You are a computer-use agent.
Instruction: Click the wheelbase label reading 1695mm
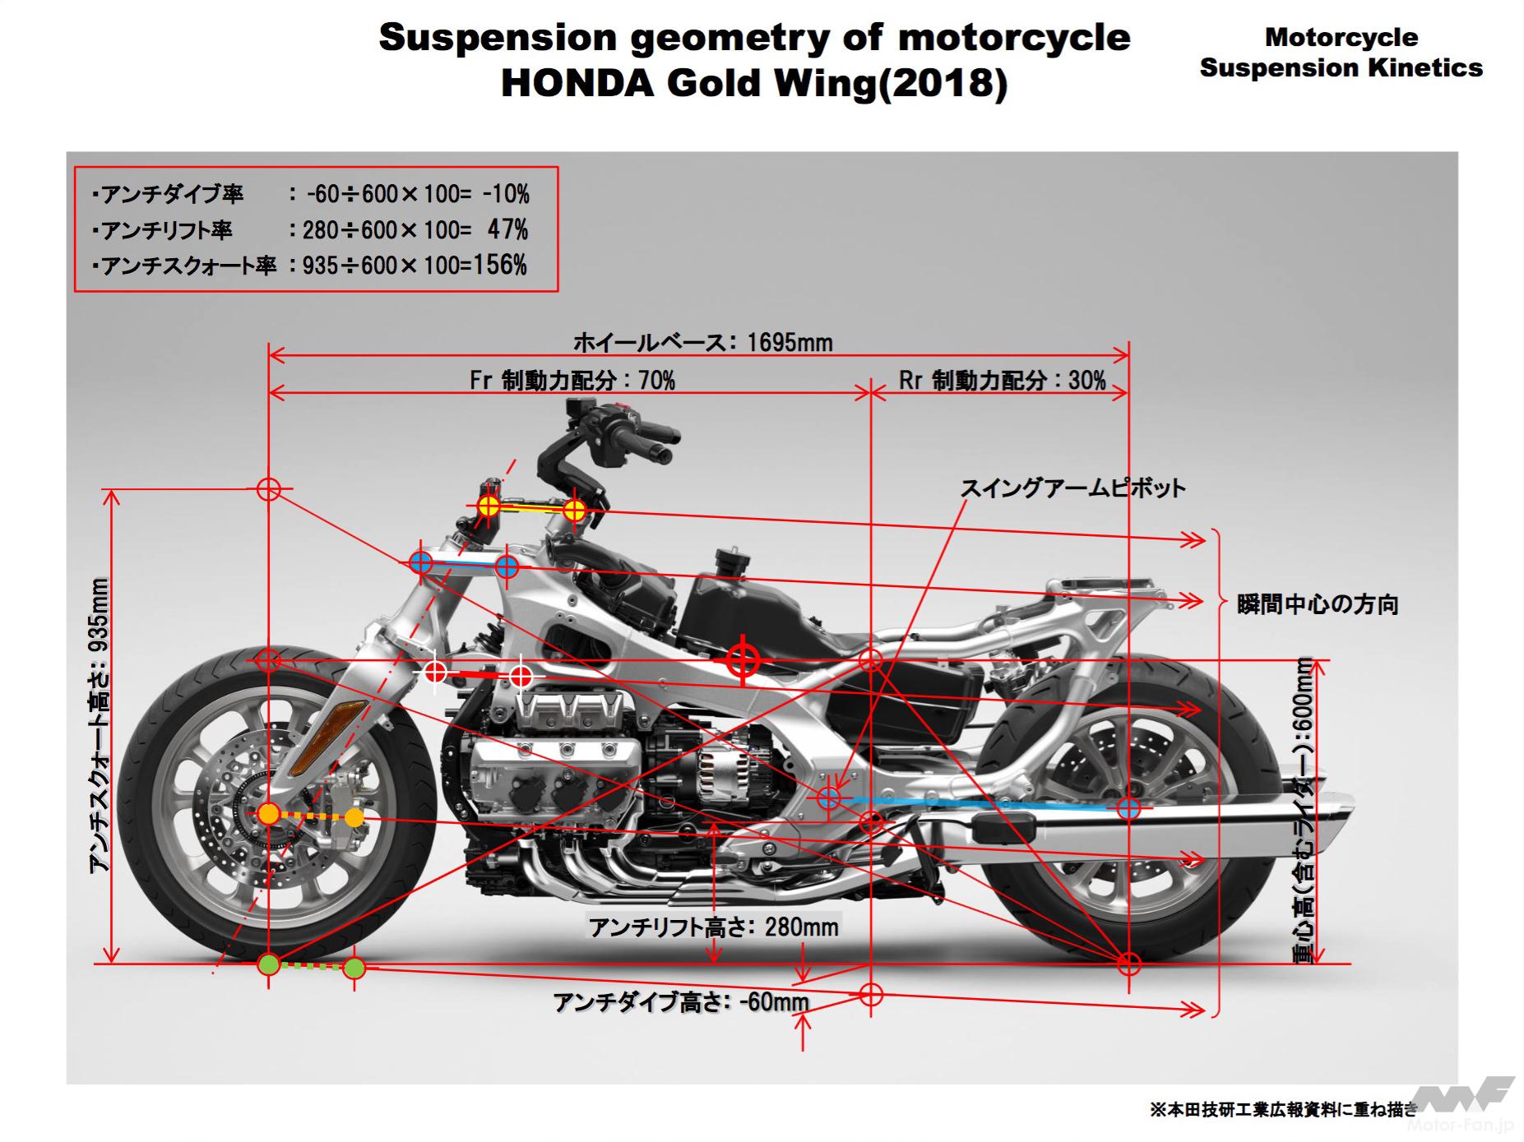click(702, 341)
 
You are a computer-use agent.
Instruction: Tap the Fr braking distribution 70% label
click(572, 380)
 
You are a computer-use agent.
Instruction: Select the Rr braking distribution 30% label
click(1002, 380)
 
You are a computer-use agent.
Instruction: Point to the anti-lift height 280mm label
click(713, 927)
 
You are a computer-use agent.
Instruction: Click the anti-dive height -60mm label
click(681, 1002)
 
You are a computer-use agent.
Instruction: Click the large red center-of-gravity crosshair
click(743, 659)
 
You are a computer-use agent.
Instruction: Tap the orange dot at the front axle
click(268, 815)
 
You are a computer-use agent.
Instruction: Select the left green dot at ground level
click(268, 964)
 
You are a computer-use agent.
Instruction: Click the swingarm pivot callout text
click(1072, 488)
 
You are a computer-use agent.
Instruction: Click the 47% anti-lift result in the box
click(507, 229)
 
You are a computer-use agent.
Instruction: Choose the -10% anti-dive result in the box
click(506, 194)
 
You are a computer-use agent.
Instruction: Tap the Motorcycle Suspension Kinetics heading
click(1341, 52)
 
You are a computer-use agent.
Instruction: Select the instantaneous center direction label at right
click(1318, 605)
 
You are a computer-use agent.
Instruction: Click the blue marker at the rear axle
click(1128, 808)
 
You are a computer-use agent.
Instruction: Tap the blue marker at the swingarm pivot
click(829, 797)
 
